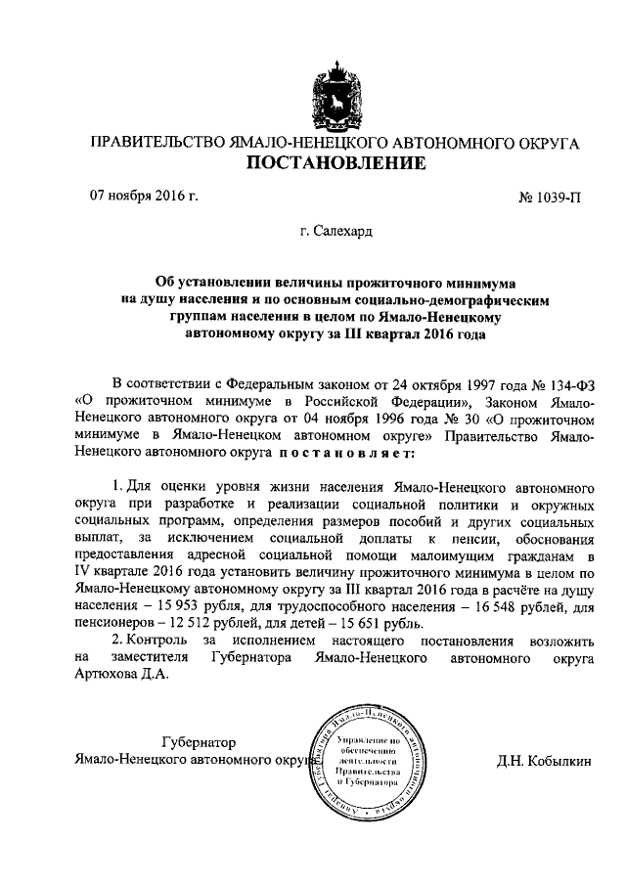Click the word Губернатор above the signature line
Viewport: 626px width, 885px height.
(199, 741)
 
